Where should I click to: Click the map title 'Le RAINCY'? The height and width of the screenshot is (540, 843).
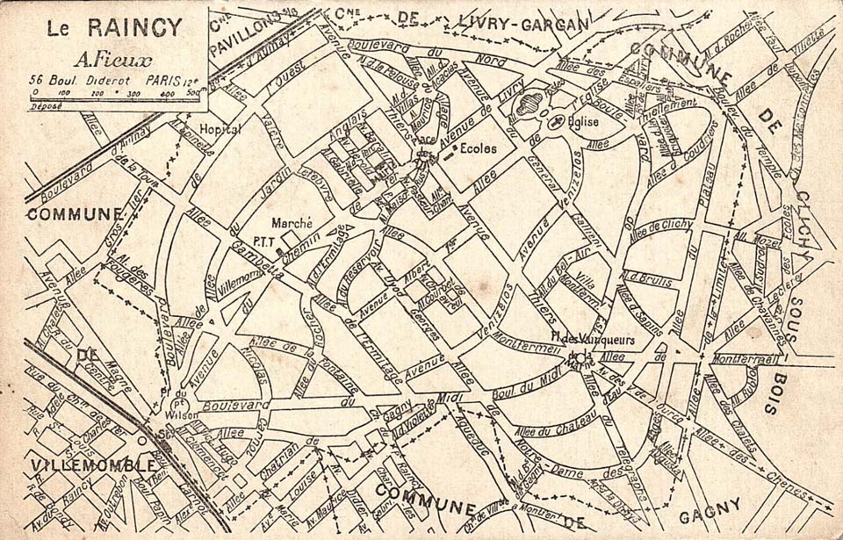pyautogui.click(x=114, y=27)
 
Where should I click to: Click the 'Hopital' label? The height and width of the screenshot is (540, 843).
pyautogui.click(x=220, y=129)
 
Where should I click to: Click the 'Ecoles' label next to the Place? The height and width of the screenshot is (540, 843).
pyautogui.click(x=477, y=148)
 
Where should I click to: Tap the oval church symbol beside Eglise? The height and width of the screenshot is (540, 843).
pyautogui.click(x=557, y=124)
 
